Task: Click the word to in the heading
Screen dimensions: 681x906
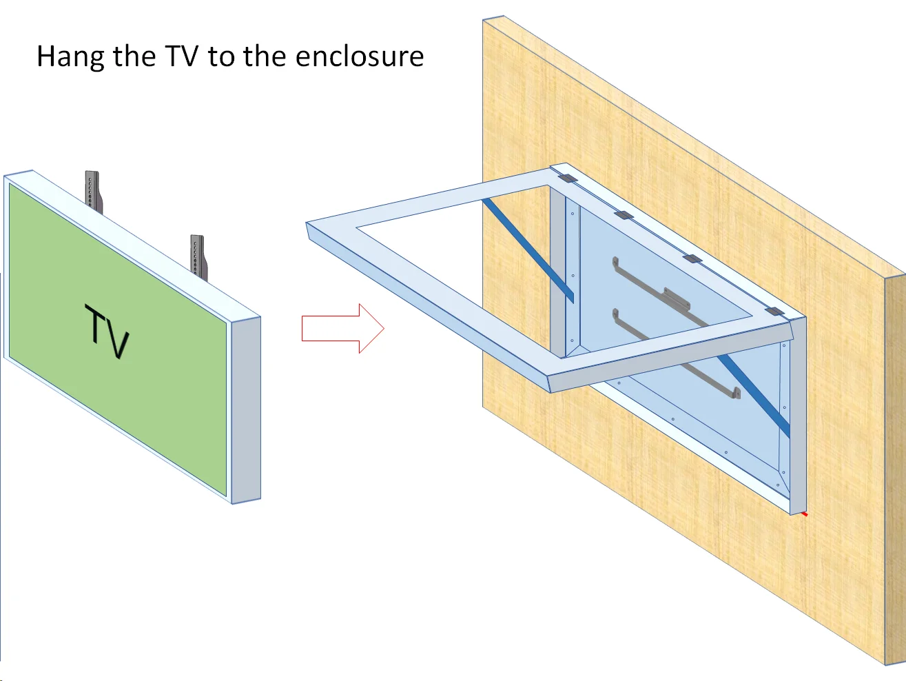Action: pyautogui.click(x=221, y=57)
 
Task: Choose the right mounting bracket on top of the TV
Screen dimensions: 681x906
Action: pyautogui.click(x=198, y=256)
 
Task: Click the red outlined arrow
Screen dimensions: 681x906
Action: pyautogui.click(x=342, y=329)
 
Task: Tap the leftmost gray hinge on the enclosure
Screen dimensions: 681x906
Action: pyautogui.click(x=566, y=179)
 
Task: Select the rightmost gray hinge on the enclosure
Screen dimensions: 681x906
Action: pyautogui.click(x=775, y=312)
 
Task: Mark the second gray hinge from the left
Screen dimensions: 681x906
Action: pyautogui.click(x=623, y=215)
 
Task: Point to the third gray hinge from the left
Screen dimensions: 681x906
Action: pyautogui.click(x=692, y=259)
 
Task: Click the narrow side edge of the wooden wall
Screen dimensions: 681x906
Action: pyautogui.click(x=894, y=469)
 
